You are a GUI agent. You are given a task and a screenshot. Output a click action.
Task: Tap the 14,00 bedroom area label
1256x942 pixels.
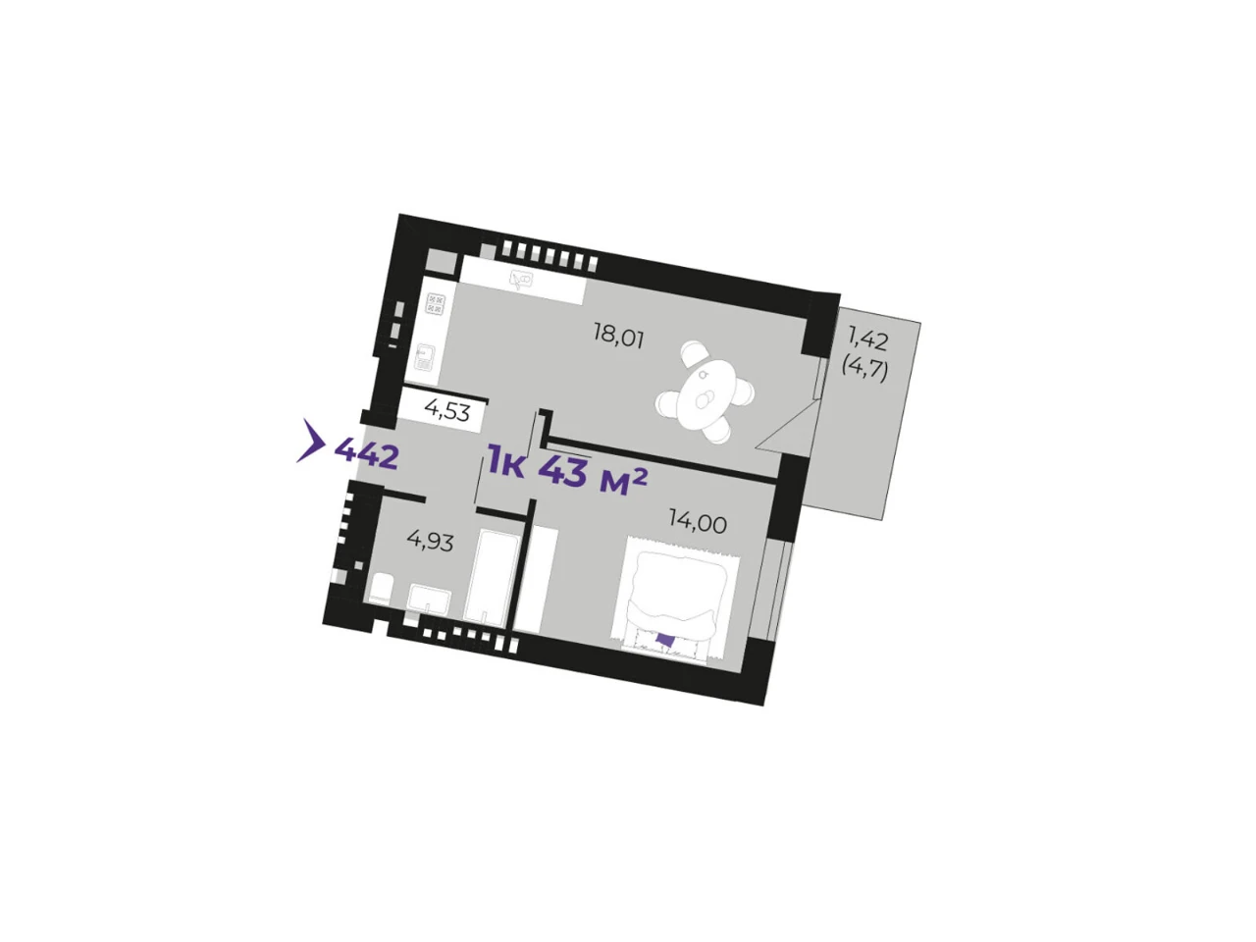[x=698, y=523]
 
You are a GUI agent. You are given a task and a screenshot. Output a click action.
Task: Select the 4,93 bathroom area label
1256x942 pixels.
[x=430, y=541]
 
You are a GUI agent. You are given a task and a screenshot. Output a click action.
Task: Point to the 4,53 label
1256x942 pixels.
[x=446, y=411]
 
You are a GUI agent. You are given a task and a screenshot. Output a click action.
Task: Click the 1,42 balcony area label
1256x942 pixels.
[x=868, y=341]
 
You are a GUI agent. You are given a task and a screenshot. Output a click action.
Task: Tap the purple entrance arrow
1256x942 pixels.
[x=311, y=441]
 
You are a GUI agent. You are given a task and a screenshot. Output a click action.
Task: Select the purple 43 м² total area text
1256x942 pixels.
[x=593, y=474]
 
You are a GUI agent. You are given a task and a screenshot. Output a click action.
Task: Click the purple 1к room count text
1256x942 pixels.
[x=505, y=462]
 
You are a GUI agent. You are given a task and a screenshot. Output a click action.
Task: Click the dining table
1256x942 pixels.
[x=705, y=392]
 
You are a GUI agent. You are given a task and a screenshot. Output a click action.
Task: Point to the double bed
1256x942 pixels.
[x=674, y=600]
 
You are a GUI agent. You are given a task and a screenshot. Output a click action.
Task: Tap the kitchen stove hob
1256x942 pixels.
[x=436, y=304]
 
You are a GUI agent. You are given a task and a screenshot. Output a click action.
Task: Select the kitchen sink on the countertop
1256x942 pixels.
[x=522, y=280]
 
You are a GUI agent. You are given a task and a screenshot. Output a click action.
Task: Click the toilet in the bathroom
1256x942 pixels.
[x=380, y=590]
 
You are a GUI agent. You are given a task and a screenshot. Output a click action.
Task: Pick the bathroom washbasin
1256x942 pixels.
[x=429, y=600]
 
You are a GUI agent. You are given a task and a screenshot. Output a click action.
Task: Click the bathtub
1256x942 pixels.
[x=491, y=577]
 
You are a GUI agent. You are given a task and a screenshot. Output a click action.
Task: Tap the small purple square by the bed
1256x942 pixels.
[x=664, y=639]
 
